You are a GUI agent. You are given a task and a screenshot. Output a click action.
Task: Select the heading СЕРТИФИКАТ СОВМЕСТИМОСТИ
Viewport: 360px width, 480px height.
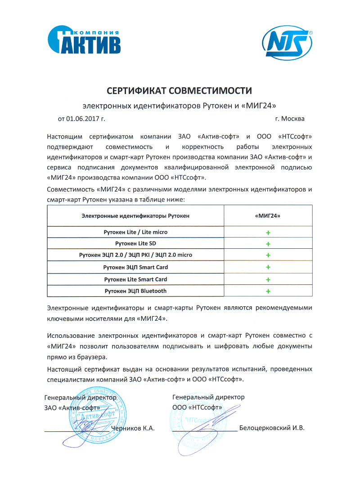pos(179,91)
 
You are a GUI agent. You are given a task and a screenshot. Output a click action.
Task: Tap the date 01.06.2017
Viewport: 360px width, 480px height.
pos(83,119)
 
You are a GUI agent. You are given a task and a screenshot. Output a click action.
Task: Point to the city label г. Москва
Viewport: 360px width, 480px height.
pos(289,119)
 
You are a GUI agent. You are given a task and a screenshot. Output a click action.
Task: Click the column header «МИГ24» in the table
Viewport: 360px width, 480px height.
pos(267,216)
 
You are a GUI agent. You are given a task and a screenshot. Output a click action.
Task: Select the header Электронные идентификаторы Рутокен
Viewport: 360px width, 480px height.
pos(135,216)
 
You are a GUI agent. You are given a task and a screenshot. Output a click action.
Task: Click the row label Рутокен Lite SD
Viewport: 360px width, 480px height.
pos(135,243)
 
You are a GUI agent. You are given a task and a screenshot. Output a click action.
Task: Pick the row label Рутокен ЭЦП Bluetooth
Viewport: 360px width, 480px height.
pos(135,291)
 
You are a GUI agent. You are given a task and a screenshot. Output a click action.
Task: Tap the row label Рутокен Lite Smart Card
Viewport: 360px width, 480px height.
pos(135,279)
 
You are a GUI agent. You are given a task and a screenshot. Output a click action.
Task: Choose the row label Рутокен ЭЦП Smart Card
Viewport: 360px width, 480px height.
pos(135,267)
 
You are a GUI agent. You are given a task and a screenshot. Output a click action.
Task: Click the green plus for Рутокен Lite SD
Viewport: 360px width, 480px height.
pos(268,244)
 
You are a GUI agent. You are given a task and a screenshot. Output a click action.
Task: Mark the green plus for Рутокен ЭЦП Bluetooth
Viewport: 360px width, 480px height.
pos(268,292)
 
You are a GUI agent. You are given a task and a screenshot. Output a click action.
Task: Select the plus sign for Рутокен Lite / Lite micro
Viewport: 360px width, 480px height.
pos(268,233)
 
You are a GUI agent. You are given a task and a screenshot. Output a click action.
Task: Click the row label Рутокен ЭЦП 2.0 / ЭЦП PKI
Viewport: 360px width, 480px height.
pos(135,255)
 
